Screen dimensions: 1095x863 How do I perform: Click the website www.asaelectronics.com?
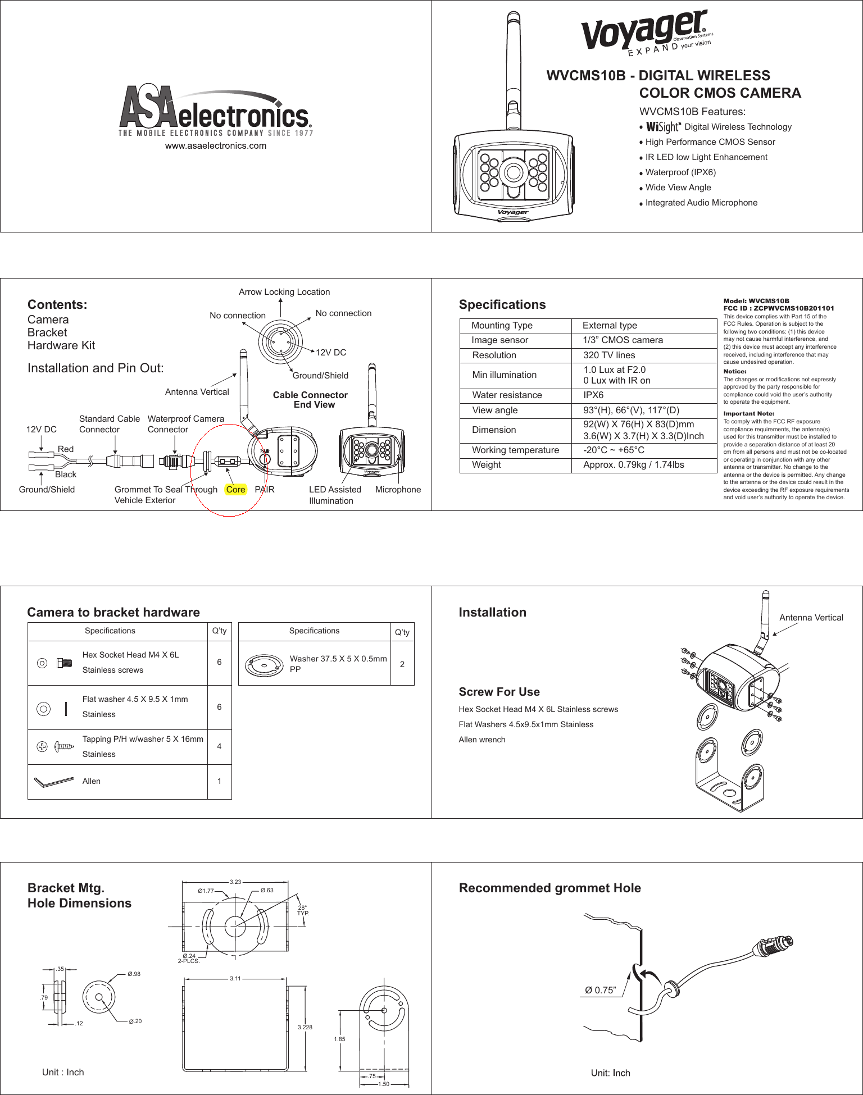point(216,146)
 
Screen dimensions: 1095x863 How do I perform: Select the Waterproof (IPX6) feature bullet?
point(680,172)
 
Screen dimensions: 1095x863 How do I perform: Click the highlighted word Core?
point(236,490)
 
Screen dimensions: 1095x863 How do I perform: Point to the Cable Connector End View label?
point(311,400)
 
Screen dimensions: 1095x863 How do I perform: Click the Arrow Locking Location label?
point(284,292)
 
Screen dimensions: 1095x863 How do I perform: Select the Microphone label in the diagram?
point(398,490)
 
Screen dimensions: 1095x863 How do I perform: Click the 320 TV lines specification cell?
point(609,355)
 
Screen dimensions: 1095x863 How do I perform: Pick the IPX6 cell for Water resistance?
point(593,395)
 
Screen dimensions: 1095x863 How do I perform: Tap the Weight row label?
point(487,465)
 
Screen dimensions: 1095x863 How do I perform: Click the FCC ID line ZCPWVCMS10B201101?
point(779,308)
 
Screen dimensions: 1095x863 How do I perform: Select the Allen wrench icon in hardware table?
point(54,782)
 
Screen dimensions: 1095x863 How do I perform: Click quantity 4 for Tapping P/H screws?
point(219,746)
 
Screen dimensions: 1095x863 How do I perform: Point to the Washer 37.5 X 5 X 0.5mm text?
point(338,659)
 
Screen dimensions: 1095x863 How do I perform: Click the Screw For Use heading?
point(499,692)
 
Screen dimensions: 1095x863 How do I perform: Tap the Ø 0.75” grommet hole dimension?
point(600,990)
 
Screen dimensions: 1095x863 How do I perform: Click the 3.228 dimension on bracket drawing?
point(305,1027)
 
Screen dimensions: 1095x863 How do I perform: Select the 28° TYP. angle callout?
point(303,910)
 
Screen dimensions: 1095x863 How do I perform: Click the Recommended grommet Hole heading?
point(549,888)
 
